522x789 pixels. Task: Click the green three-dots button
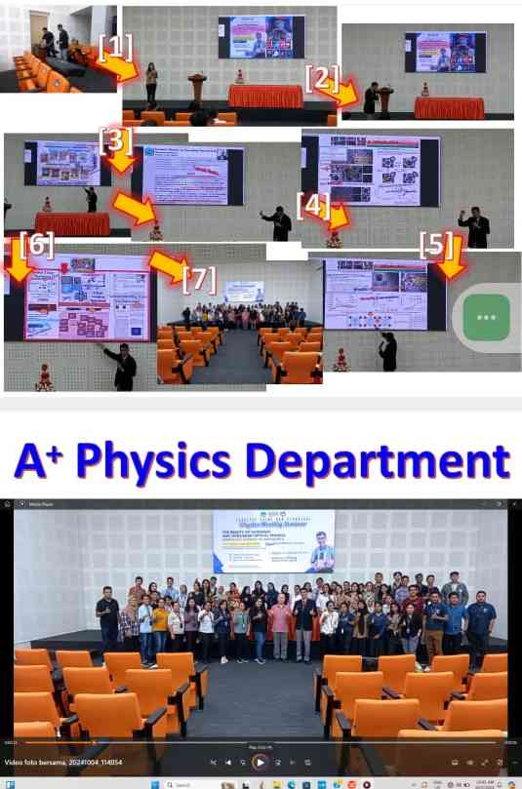[486, 317]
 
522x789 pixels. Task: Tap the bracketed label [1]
[116, 45]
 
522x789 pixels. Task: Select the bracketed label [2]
[321, 78]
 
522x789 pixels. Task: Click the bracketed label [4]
[312, 205]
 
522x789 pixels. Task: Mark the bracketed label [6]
[36, 244]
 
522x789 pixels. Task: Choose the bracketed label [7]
[198, 278]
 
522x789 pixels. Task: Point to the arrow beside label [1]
[122, 68]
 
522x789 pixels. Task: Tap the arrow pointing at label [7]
[168, 264]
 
